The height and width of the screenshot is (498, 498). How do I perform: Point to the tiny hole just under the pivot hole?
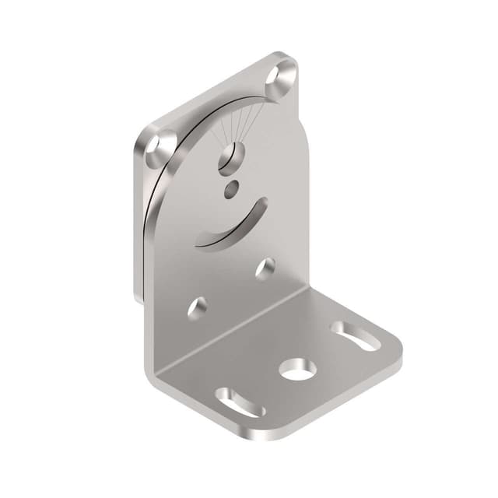click(x=232, y=188)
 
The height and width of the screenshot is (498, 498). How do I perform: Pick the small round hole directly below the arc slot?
click(x=265, y=268)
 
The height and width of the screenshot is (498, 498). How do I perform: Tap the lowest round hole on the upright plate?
click(x=198, y=307)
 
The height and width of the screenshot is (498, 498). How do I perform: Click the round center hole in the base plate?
click(x=297, y=370)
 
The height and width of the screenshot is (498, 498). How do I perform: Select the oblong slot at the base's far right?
click(x=356, y=335)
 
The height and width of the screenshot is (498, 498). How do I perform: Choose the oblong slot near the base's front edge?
click(x=240, y=402)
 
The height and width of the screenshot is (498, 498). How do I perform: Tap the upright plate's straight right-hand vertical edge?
click(x=307, y=210)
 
